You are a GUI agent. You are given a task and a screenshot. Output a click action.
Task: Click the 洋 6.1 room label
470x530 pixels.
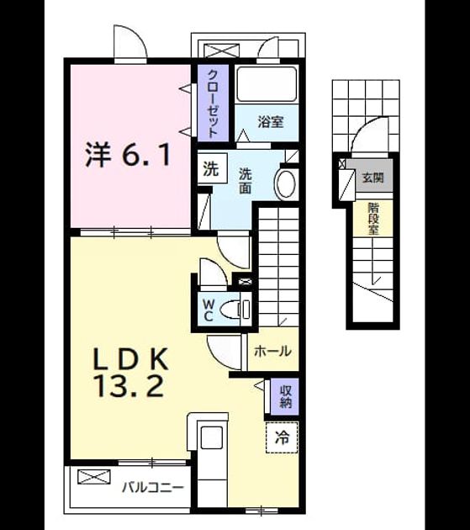pos(128,155)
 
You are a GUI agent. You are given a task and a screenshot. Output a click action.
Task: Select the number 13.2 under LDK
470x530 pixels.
pos(130,385)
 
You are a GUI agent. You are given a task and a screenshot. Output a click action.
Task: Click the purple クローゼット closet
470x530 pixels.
pos(213,103)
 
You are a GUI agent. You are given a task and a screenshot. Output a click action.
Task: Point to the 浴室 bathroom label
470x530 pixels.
pos(271,122)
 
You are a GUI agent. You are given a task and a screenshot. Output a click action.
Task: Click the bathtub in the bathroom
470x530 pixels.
pos(267,84)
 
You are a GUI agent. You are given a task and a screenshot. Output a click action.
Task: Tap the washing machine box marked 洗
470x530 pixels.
pos(212,168)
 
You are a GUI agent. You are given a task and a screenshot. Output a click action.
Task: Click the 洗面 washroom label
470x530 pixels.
pos(246,181)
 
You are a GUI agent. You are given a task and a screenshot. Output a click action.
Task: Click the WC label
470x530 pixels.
pos(208,310)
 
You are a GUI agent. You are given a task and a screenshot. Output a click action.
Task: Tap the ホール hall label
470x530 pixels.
pos(272,351)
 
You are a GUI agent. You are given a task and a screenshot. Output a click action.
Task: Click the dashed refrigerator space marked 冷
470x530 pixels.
pos(282,437)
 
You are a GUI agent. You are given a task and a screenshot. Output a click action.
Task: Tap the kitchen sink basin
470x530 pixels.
pos(212,437)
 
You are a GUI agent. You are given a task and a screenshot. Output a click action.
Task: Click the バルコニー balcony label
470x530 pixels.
pos(153,488)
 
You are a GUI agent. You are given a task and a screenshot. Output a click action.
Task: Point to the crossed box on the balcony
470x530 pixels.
pos(94,477)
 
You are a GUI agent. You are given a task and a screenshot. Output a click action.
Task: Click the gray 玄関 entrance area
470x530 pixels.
pos(372,177)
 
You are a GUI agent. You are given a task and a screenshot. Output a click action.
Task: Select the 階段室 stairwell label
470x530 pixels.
pos(373,219)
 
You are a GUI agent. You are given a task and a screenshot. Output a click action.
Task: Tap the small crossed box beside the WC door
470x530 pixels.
pos(246,281)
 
